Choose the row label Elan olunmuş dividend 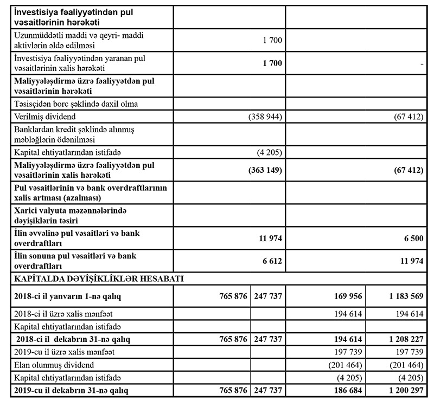[x=52, y=364]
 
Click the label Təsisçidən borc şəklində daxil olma [x=75, y=104]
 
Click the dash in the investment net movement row [x=421, y=64]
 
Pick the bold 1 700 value [x=272, y=63]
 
